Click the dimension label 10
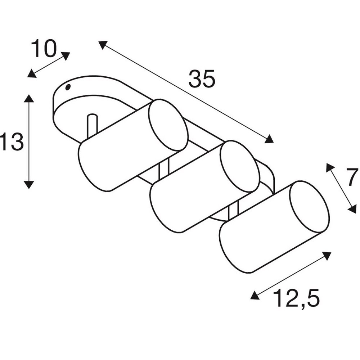pos(44,49)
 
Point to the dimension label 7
pos(352,177)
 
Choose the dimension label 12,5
pos(296,298)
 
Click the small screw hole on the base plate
pos(68,87)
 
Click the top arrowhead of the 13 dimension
pos(29,98)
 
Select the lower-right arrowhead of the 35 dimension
pos(269,139)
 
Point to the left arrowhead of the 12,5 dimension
pos(255,295)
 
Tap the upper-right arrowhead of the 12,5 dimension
pos(327,256)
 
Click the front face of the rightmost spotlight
pos(310,207)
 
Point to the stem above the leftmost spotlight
pos(92,126)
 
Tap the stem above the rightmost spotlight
pos(234,212)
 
